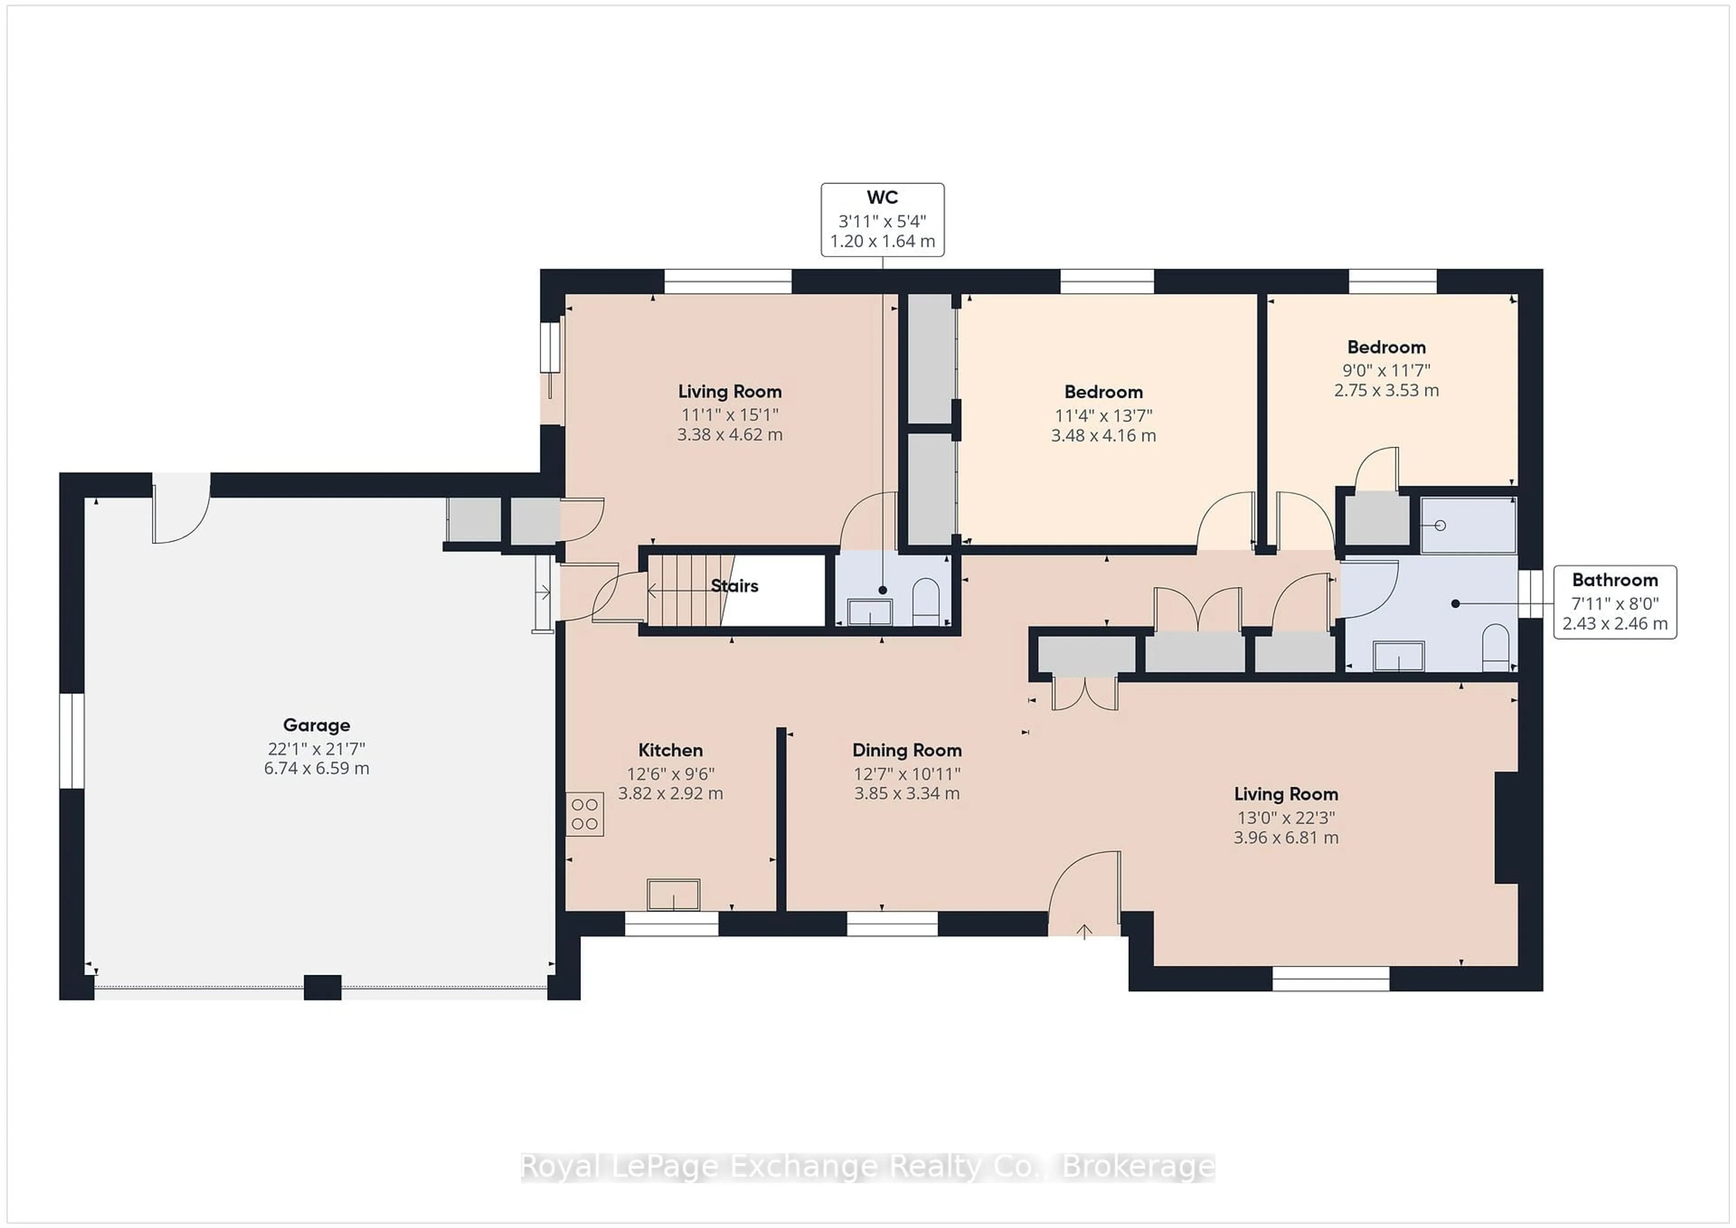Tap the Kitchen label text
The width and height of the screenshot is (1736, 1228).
coord(670,750)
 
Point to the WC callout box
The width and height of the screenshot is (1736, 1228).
coord(882,219)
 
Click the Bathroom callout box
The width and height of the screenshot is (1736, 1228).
coord(1615,602)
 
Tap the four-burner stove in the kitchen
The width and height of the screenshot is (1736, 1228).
coord(585,814)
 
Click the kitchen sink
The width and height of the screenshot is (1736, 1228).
coord(674,894)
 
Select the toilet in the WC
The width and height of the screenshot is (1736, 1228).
coord(926,602)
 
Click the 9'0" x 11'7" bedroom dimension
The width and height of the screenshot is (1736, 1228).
coord(1386,370)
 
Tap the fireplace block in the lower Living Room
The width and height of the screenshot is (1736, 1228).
coord(1506,827)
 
